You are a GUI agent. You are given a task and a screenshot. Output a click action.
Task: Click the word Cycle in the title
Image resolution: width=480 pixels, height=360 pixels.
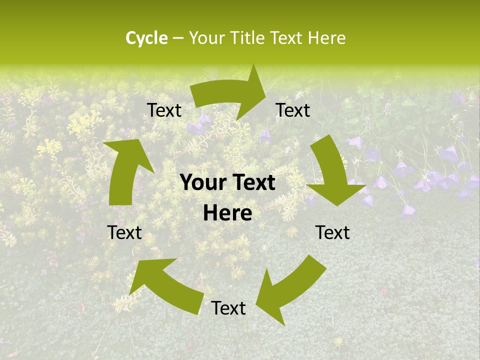coord(146,38)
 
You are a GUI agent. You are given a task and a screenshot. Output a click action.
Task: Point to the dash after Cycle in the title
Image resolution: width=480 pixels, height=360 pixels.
coord(177,38)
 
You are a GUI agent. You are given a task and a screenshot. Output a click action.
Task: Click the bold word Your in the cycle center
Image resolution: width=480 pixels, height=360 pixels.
coord(202,183)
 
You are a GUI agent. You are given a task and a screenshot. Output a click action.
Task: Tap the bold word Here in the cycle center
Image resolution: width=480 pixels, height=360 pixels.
coord(227,213)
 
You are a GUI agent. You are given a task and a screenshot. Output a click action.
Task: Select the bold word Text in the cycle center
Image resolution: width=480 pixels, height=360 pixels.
coord(251,183)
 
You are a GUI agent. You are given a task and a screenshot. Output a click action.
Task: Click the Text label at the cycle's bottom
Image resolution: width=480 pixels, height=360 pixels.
coord(228,308)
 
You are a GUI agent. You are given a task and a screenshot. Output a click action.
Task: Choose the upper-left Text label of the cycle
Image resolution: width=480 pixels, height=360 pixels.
coord(164,110)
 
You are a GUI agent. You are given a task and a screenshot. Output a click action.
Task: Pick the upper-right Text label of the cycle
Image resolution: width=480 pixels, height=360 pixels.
coord(293,110)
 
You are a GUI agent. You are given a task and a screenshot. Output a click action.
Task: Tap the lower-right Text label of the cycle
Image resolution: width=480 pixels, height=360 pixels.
coord(332,232)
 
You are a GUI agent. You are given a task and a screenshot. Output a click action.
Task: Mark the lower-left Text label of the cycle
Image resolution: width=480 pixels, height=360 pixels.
coord(124,232)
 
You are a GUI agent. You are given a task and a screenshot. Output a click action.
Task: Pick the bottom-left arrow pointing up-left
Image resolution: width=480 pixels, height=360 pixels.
coord(165,285)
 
